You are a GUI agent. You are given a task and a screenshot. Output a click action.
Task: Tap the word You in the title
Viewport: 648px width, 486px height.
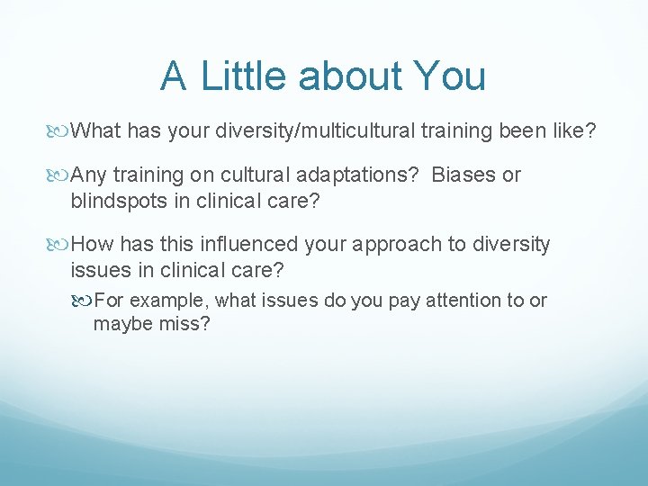point(449,76)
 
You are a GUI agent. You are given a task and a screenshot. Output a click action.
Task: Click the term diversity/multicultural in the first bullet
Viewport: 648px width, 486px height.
point(314,131)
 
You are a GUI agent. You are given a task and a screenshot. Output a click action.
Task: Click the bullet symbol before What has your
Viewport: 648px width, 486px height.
point(61,132)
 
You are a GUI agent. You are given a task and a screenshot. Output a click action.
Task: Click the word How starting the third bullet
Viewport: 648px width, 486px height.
point(90,245)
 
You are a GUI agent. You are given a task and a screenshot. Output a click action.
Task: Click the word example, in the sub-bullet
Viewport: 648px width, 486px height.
point(174,301)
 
